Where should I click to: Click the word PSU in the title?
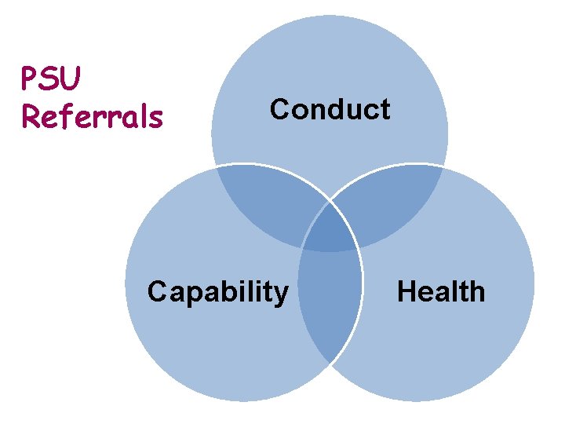[53, 79]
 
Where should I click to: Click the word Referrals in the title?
[93, 116]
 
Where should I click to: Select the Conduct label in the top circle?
[330, 109]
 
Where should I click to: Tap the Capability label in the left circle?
[218, 292]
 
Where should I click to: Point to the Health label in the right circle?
[441, 292]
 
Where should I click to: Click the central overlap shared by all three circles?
[330, 232]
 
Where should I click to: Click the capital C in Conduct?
[280, 109]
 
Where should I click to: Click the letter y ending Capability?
[282, 295]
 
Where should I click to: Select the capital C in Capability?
[158, 292]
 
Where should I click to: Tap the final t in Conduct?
[385, 109]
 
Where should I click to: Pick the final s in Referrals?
[156, 118]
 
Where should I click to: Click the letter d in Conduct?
[335, 109]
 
